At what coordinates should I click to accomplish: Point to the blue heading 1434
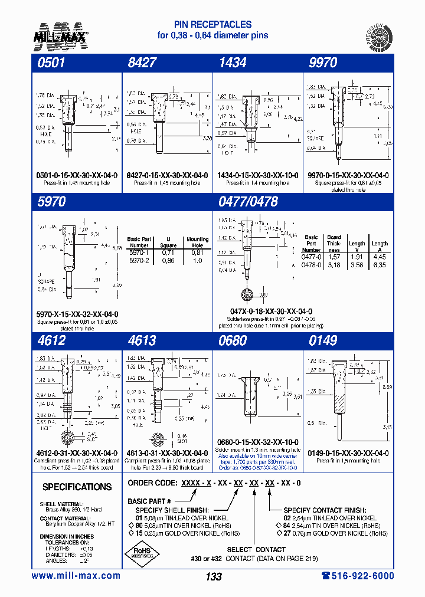pos(233,63)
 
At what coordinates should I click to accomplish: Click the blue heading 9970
pos(323,63)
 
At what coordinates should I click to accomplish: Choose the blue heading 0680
pos(233,340)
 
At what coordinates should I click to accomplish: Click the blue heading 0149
pos(323,340)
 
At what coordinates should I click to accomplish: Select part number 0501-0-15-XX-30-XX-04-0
pos(77,175)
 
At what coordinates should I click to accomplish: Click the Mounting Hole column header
pos(198,242)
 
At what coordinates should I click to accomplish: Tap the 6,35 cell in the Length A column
pos(380,265)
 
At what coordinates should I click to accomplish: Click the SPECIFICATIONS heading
pos(77,487)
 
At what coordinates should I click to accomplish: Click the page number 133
pos(214,576)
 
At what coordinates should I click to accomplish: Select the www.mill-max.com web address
pos(76,576)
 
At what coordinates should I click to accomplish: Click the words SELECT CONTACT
pos(256,549)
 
